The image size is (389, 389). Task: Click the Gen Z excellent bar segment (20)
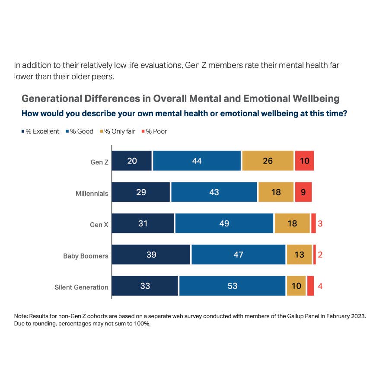pyautogui.click(x=132, y=161)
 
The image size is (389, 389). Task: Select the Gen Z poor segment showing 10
pyautogui.click(x=304, y=161)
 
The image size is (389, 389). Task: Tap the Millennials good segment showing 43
pyautogui.click(x=214, y=192)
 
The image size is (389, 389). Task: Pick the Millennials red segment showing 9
pyautogui.click(x=303, y=192)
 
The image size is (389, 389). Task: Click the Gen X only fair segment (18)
pyautogui.click(x=292, y=223)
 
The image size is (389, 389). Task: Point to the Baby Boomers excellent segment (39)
pyautogui.click(x=151, y=255)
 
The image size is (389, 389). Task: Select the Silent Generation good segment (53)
pyautogui.click(x=232, y=286)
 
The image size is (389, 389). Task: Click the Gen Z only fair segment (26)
pyautogui.click(x=268, y=161)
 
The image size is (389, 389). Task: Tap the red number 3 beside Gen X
pyautogui.click(x=320, y=223)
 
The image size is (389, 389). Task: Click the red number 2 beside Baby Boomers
pyautogui.click(x=320, y=255)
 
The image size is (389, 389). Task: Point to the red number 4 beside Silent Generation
pyautogui.click(x=320, y=286)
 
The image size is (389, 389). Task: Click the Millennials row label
pyautogui.click(x=92, y=194)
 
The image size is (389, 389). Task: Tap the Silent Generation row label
pyautogui.click(x=81, y=287)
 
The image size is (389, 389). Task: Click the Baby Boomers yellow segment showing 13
pyautogui.click(x=299, y=255)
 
